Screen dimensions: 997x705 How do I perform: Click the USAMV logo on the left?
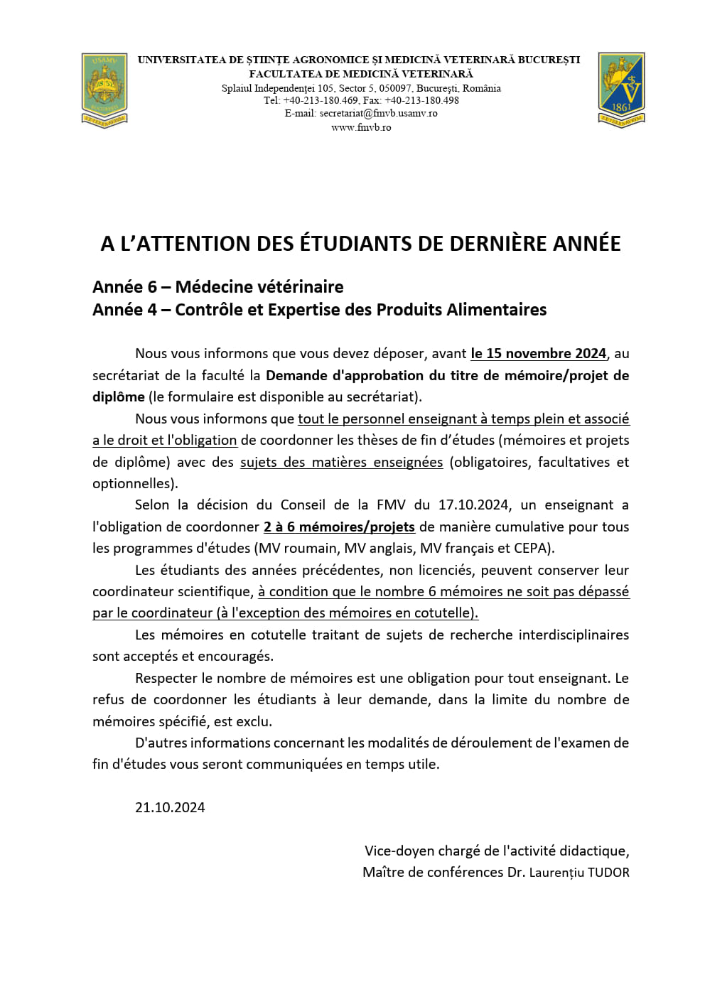click(104, 90)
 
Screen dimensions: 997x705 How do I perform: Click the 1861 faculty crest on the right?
click(621, 90)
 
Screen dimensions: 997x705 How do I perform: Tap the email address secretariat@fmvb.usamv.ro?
click(378, 113)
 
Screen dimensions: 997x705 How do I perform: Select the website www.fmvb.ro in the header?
click(361, 127)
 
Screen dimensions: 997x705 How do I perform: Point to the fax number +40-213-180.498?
click(421, 100)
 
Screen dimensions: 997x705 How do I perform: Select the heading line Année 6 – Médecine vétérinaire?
click(217, 287)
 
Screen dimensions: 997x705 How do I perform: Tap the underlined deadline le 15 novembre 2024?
click(538, 353)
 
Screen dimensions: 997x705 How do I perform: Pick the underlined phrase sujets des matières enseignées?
click(341, 462)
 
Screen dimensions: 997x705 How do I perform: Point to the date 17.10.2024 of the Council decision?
click(473, 505)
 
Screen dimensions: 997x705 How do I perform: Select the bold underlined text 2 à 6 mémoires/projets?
click(339, 527)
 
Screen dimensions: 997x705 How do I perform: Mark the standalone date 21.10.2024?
click(170, 807)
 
